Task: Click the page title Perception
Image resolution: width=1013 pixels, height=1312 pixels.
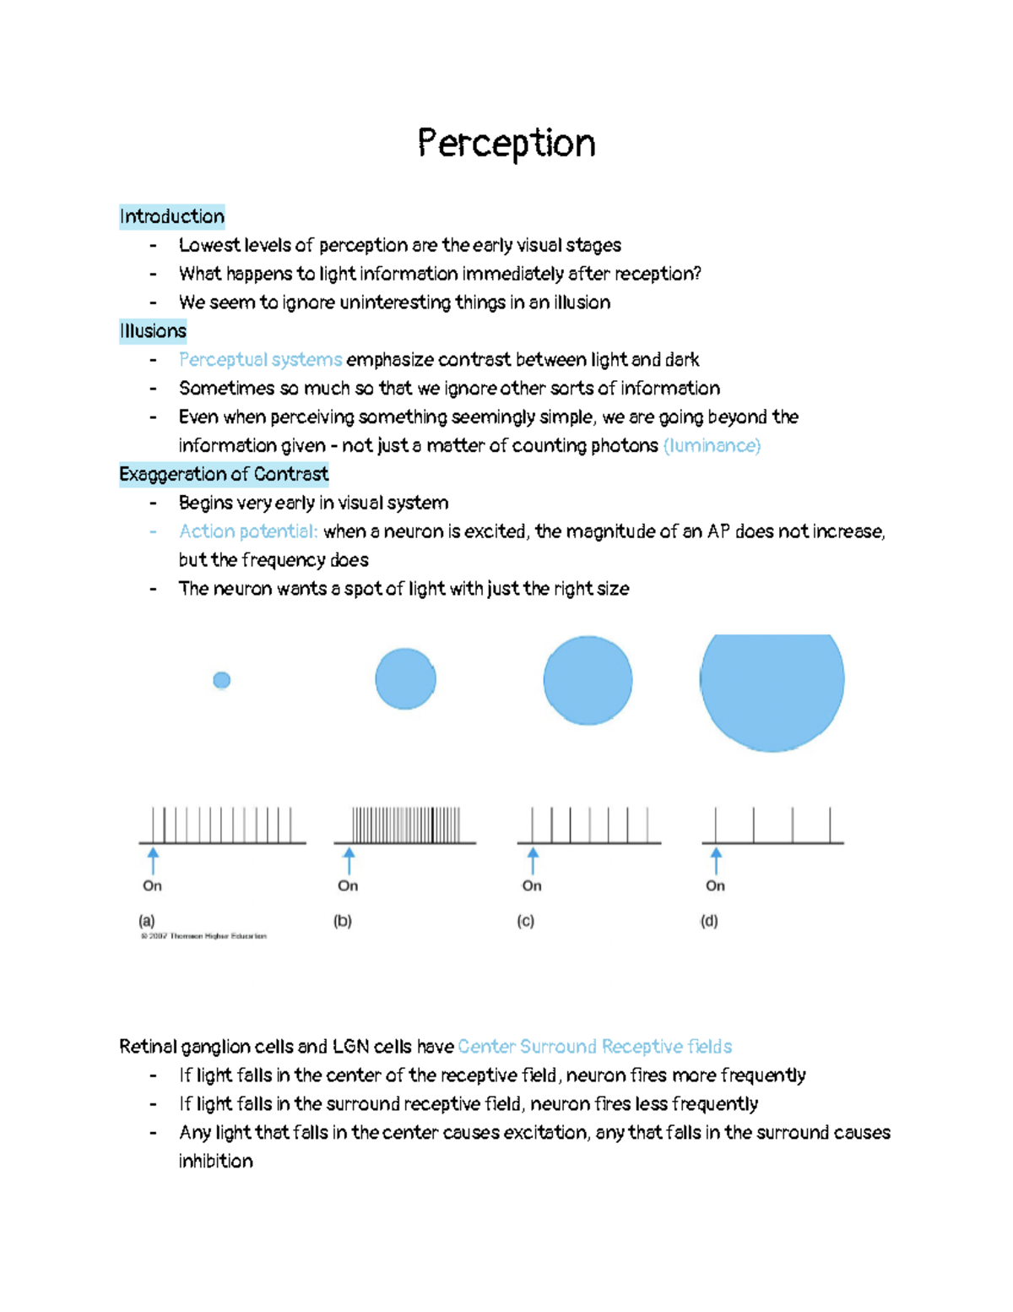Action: [x=506, y=144]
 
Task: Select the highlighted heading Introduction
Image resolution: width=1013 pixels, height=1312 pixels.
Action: [x=172, y=217]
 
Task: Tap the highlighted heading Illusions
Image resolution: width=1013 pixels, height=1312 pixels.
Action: [x=153, y=331]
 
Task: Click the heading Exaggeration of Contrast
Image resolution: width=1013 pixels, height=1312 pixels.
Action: [x=224, y=474]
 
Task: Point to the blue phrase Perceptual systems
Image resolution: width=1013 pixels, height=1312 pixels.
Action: [x=260, y=360]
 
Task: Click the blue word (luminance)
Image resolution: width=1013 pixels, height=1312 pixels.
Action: [x=712, y=446]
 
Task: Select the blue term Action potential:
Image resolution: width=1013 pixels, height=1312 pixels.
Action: [x=248, y=531]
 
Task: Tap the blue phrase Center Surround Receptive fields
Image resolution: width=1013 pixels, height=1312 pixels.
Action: [x=594, y=1047]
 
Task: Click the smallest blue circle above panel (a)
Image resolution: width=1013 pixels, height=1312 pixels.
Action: [x=222, y=680]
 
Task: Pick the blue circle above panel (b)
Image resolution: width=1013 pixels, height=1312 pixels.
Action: [x=405, y=678]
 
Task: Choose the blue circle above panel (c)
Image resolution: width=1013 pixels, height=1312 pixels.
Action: [x=588, y=680]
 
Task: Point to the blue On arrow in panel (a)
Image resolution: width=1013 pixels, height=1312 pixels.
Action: [x=153, y=861]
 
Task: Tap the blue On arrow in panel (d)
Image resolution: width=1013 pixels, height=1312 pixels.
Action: [x=716, y=861]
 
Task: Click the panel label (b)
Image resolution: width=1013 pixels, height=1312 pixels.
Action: [x=343, y=921]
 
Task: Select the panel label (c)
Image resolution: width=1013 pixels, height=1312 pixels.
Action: [x=526, y=921]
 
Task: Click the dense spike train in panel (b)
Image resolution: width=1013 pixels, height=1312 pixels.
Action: [x=406, y=825]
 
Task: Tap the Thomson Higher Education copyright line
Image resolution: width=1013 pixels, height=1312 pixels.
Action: [x=203, y=936]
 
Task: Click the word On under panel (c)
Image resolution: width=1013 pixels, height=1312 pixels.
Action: [x=532, y=885]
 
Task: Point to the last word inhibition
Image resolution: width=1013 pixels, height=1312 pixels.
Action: [x=216, y=1162]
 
